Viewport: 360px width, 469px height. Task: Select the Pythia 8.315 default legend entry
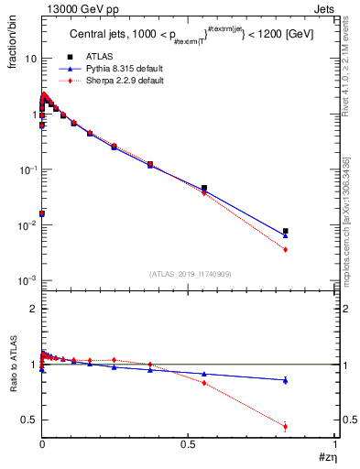(x=115, y=69)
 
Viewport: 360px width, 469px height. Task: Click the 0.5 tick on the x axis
(x=189, y=445)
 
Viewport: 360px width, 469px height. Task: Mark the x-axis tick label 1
(x=335, y=445)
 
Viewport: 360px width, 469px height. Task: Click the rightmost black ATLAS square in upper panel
(x=286, y=231)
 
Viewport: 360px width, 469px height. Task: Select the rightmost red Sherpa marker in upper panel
(x=286, y=249)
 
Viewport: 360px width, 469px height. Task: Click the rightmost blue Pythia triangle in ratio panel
(x=286, y=380)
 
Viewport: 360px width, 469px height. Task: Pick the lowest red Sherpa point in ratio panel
(x=286, y=426)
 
